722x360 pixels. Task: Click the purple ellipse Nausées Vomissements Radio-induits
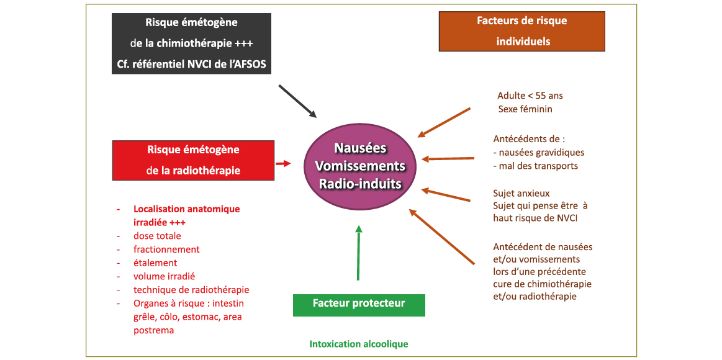pos(360,166)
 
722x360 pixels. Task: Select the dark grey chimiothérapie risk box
pos(191,43)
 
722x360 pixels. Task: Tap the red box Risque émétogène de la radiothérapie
pos(193,160)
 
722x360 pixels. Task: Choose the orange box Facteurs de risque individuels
pos(521,31)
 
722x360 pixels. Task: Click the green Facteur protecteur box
pos(359,304)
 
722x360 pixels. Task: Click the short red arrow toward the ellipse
pos(283,163)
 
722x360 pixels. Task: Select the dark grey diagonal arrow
pos(297,101)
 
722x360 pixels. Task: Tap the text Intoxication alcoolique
pos(359,344)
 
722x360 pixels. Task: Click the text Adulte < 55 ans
pos(530,96)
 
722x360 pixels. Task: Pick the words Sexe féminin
pos(525,109)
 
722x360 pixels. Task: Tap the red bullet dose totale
pos(157,236)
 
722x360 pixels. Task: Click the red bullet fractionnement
pos(166,250)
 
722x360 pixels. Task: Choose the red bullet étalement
pos(155,263)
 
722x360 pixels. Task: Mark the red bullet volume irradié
pos(164,276)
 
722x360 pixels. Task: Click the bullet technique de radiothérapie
pos(191,290)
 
